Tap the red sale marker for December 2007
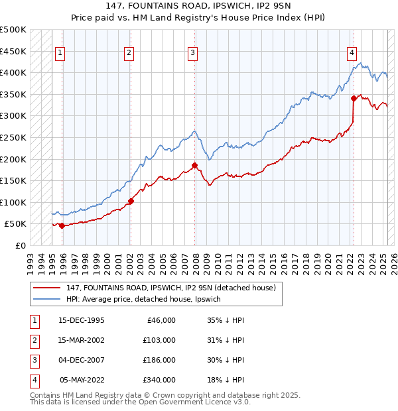point(195,165)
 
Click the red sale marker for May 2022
point(354,99)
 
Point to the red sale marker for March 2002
point(131,201)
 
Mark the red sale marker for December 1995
point(62,225)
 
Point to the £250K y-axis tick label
point(13,137)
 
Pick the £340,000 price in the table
point(159,380)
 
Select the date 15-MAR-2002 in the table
point(82,340)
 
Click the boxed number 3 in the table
point(34,360)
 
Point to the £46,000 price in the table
point(161,320)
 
